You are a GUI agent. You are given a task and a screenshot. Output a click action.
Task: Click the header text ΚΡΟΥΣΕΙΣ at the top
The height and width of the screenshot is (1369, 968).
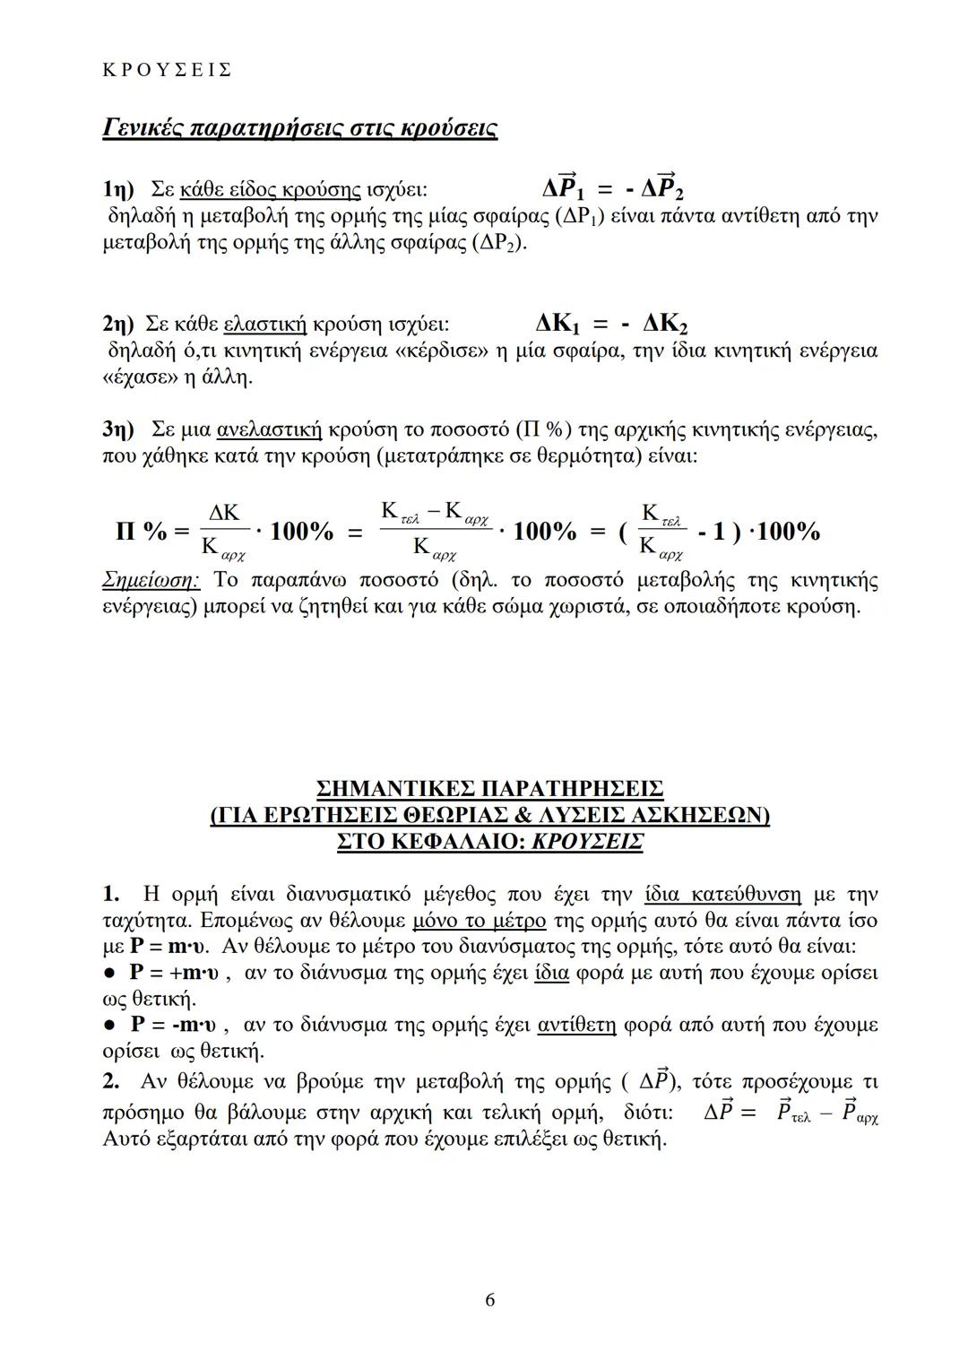[x=168, y=69]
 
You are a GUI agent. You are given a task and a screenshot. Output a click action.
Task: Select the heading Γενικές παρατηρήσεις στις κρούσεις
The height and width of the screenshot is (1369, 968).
[x=299, y=128]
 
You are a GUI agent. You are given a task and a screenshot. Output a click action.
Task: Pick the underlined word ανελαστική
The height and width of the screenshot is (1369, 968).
[x=269, y=430]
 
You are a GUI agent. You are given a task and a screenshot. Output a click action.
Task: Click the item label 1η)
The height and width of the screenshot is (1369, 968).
[x=117, y=190]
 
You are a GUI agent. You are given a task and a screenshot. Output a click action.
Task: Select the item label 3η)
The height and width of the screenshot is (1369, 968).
[x=117, y=430]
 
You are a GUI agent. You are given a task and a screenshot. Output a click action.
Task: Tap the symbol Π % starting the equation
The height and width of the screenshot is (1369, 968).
[x=143, y=532]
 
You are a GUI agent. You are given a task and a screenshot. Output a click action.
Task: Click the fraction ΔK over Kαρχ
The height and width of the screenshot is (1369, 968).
[x=223, y=530]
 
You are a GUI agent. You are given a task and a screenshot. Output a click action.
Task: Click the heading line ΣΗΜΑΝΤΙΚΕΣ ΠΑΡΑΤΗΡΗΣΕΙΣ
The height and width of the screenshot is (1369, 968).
[x=489, y=790]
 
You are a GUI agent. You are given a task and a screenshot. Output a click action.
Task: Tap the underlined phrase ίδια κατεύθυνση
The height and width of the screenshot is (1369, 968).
[x=722, y=895]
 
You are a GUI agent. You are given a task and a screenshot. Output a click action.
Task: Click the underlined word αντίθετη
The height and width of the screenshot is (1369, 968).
[x=576, y=1025]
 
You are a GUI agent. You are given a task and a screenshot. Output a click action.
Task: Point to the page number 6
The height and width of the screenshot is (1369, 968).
[x=489, y=1300]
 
